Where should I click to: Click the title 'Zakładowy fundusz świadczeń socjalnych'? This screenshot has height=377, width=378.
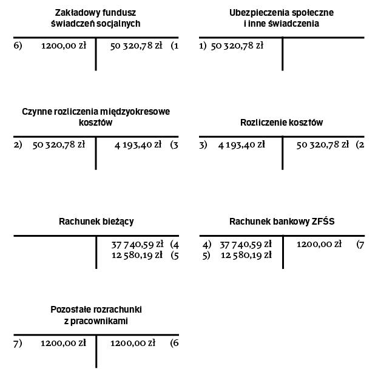click(96, 18)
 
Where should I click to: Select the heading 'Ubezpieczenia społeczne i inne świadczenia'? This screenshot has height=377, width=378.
click(282, 18)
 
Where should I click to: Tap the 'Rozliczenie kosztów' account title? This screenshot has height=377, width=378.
click(282, 123)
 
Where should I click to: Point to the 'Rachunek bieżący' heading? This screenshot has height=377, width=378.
click(96, 222)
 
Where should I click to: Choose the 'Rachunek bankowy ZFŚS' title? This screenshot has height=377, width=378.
click(282, 222)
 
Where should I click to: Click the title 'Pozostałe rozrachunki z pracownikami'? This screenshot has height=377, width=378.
click(96, 315)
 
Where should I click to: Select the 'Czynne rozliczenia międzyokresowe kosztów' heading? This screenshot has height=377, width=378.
click(96, 117)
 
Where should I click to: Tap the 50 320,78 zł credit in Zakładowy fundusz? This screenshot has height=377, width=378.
click(137, 46)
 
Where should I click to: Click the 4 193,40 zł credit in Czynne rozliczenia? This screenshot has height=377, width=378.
click(138, 144)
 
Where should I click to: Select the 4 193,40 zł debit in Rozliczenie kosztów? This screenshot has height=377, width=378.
click(241, 144)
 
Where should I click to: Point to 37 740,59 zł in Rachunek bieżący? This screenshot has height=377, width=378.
click(138, 244)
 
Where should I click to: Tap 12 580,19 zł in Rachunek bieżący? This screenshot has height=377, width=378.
click(138, 255)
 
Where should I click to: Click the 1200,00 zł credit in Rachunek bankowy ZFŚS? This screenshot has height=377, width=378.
click(319, 244)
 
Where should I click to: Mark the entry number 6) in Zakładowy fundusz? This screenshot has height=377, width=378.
click(18, 46)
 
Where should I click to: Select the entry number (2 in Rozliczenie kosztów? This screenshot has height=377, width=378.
click(360, 144)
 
